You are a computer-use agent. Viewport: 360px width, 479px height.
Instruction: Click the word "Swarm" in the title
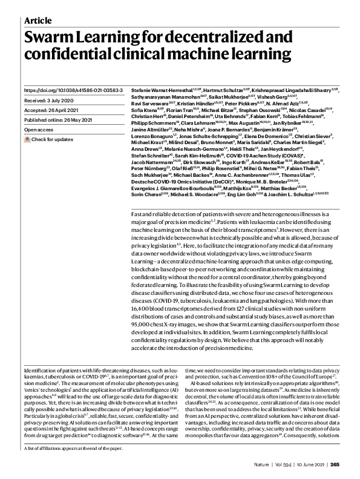pos(50,38)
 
